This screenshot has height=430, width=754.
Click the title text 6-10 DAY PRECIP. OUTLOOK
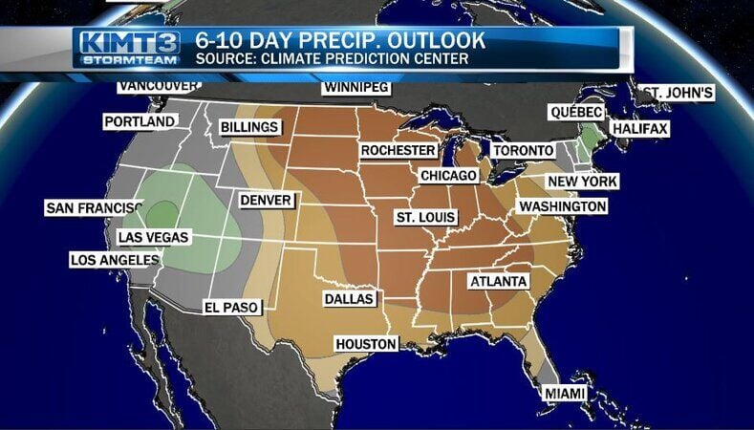pos(340,40)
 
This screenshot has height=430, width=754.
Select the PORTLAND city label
pos(140,121)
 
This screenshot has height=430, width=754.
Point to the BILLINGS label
pos(249,127)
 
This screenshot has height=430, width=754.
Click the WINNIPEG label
pos(356,88)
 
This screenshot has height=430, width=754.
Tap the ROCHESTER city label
pos(398,150)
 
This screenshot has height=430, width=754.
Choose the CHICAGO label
pos(448,176)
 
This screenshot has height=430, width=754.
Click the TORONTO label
pos(523,150)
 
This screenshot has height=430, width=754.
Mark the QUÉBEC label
pos(576,112)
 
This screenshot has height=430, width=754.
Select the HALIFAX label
pos(639,128)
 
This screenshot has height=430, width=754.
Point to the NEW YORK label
pos(582,182)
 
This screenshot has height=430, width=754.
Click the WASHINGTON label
pos(562,206)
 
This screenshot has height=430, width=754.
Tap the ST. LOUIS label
pos(424,218)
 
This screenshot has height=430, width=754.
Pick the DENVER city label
pos(267,201)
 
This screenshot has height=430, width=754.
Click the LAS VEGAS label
pos(154,237)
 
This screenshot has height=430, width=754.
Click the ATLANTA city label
pos(498,281)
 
